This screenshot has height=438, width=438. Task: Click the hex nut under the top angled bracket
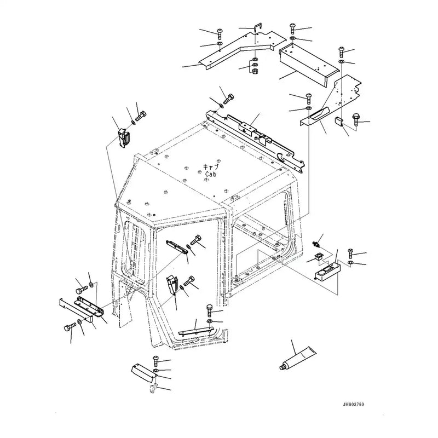(x=255, y=69)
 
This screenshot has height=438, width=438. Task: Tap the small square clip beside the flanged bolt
(x=338, y=121)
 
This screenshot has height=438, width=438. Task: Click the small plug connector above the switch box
(x=316, y=241)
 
